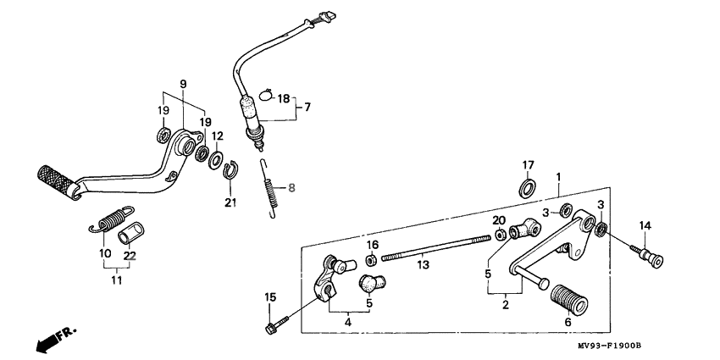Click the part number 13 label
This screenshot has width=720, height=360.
422,266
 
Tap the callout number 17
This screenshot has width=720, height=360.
527,164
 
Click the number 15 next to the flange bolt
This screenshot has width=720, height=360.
270,296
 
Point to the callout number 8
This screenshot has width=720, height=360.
292,189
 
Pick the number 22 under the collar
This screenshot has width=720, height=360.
130,257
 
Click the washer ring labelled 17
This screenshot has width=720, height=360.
527,186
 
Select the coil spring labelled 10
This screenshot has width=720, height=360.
108,221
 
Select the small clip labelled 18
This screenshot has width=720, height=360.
263,95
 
